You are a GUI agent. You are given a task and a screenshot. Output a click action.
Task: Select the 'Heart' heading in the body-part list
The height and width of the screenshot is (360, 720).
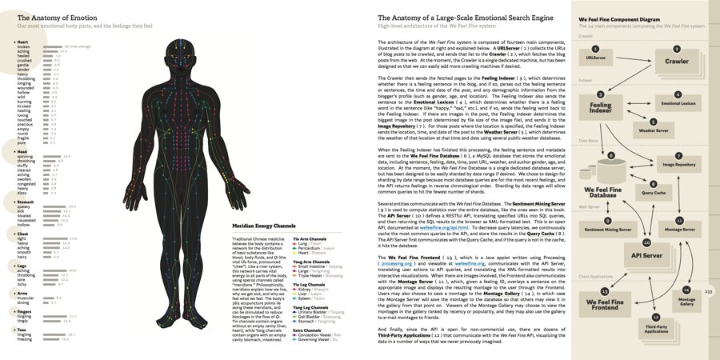tap(23, 42)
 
